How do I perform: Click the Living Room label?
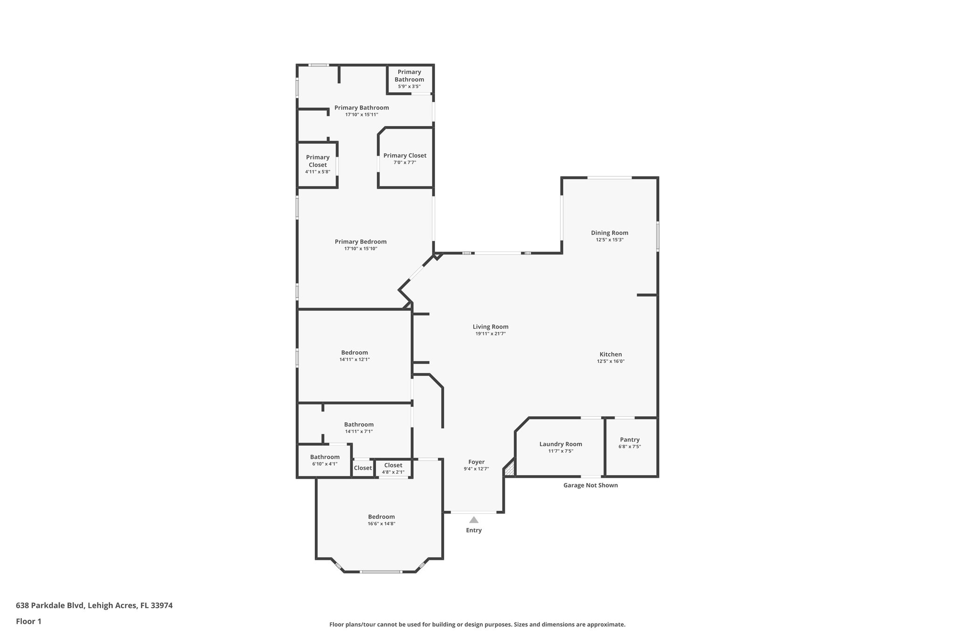490,327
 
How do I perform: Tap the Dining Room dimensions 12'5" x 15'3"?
609,240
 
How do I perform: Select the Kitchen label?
610,354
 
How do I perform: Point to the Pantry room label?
630,440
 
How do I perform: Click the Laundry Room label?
561,444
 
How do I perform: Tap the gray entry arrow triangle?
474,520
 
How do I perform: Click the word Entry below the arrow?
474,530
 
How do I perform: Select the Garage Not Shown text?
590,485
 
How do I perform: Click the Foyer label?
476,462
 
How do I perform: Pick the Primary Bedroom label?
360,242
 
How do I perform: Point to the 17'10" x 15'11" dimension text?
361,114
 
